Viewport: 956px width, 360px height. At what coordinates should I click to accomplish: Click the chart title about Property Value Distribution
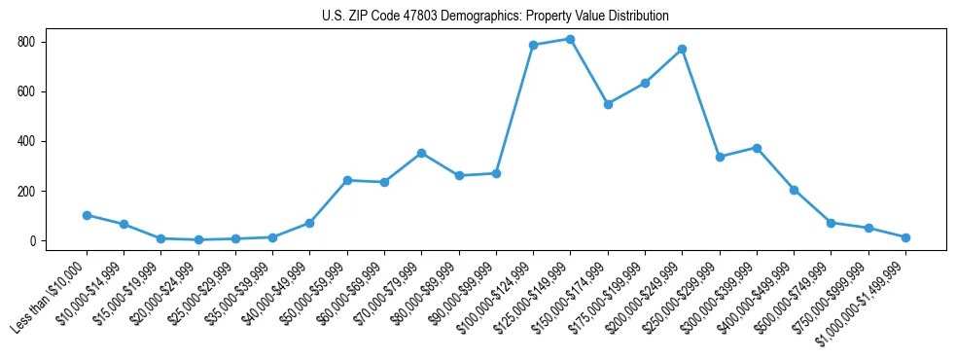point(495,17)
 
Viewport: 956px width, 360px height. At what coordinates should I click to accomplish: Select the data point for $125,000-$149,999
point(570,39)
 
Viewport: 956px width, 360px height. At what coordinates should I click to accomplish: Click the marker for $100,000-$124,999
point(533,45)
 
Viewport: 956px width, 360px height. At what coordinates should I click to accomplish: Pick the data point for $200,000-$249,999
point(682,49)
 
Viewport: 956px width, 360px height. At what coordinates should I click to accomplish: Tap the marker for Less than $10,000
point(87,215)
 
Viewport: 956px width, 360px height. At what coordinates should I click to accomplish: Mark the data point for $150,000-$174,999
point(608,104)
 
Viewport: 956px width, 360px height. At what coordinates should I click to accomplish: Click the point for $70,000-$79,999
point(421,153)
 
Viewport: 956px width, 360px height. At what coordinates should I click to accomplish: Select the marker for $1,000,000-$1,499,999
point(905,237)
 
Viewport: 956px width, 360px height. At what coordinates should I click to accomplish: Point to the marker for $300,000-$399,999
point(757,148)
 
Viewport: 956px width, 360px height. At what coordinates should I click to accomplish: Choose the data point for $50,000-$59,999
point(347,180)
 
